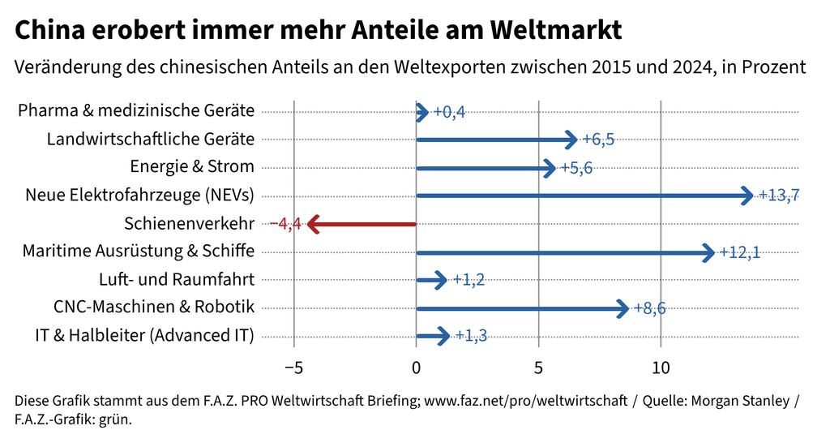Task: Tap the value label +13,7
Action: (x=779, y=196)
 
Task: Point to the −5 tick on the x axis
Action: (x=293, y=368)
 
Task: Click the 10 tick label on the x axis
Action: (x=661, y=368)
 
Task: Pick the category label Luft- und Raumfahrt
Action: (x=177, y=280)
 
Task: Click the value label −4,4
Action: (x=285, y=224)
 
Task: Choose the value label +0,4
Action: (x=449, y=112)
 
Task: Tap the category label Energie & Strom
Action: (x=192, y=167)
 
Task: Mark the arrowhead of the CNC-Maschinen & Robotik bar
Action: (x=622, y=308)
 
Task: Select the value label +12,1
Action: (x=739, y=252)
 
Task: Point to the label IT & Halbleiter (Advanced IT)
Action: (x=145, y=336)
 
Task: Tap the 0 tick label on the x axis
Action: (x=416, y=368)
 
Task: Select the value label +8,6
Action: (x=649, y=308)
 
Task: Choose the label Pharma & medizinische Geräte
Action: (x=136, y=111)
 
